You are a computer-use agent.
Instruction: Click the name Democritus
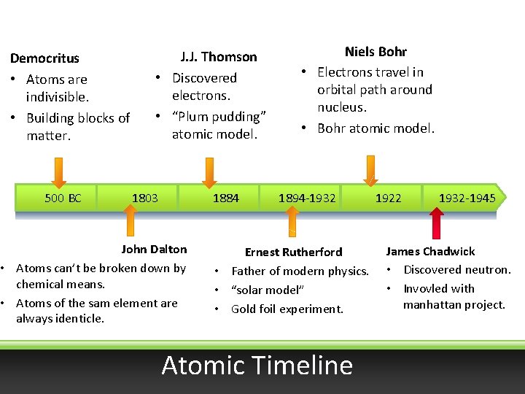(x=44, y=58)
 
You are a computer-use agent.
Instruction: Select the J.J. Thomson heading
(x=218, y=56)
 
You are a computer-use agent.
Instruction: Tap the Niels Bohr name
(x=376, y=51)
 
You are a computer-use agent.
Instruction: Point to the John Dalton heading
(x=154, y=249)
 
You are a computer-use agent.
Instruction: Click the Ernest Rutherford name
(x=293, y=252)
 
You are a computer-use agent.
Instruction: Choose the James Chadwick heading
(x=430, y=251)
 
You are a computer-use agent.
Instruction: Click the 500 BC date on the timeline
(x=63, y=198)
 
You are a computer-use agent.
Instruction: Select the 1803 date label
(x=144, y=198)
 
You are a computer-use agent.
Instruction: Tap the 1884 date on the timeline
(x=225, y=198)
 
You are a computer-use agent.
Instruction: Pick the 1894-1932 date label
(x=307, y=198)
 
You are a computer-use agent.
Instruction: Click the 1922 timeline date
(x=388, y=198)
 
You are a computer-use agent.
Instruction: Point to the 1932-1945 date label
(x=467, y=198)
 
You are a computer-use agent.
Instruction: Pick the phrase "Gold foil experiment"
(x=287, y=309)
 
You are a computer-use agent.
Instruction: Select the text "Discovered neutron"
(x=456, y=269)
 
